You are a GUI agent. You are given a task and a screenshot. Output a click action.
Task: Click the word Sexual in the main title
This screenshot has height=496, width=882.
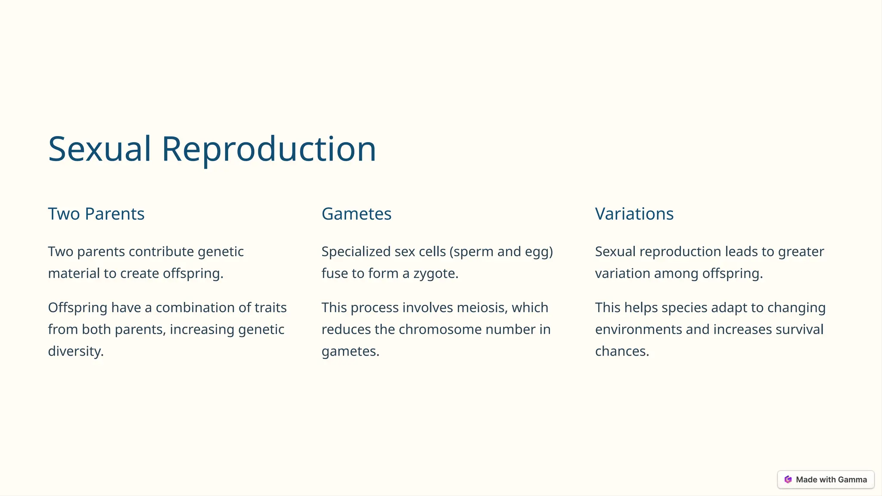[99, 149]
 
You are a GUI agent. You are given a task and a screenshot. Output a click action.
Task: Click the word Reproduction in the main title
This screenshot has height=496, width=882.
[269, 149]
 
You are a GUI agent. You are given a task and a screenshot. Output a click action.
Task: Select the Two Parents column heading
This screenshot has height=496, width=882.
[96, 214]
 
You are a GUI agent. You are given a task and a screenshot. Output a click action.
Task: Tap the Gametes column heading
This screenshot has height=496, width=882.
[356, 214]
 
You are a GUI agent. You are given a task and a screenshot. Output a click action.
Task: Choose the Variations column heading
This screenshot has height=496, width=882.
[634, 214]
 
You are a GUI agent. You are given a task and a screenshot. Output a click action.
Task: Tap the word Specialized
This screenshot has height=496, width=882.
[356, 252]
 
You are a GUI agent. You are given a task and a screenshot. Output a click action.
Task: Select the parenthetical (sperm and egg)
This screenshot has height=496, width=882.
[501, 252]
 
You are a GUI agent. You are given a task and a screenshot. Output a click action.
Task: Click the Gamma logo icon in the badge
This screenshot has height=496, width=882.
[788, 480]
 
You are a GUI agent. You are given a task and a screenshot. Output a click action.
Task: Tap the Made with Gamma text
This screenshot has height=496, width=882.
[831, 480]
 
